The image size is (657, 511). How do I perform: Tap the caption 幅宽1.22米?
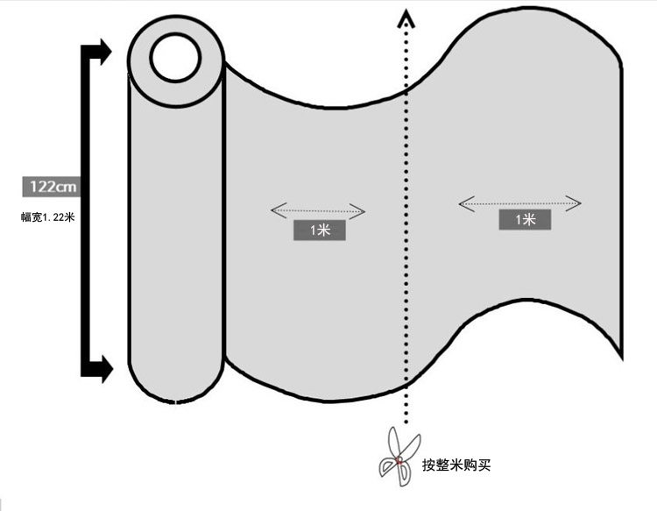47,216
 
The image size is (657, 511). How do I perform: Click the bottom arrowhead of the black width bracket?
104,369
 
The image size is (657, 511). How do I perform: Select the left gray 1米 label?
319,230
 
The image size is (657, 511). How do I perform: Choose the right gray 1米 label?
525,219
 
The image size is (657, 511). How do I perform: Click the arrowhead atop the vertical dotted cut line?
405,17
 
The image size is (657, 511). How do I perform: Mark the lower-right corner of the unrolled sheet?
620,357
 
